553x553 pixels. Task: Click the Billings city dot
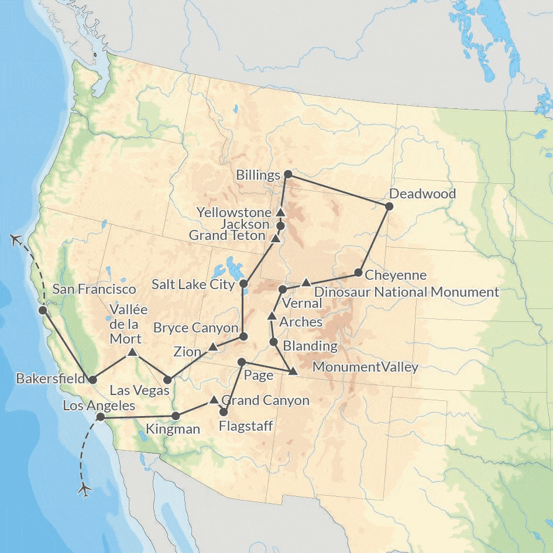click(x=287, y=174)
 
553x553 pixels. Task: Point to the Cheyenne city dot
click(x=358, y=273)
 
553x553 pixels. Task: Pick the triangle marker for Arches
click(x=272, y=316)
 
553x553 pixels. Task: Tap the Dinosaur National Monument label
click(x=407, y=291)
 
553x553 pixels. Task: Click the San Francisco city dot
click(x=42, y=310)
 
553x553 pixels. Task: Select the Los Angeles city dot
click(x=100, y=417)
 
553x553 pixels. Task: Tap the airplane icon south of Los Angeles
click(x=85, y=487)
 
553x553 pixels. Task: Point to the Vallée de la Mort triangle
click(x=132, y=352)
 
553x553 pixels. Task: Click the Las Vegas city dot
click(x=169, y=380)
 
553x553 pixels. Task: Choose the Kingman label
click(x=173, y=430)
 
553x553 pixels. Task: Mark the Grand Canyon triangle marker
click(x=214, y=400)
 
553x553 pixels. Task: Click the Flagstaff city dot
click(x=223, y=412)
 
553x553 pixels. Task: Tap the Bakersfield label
click(x=45, y=379)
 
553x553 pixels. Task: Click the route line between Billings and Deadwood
click(x=338, y=190)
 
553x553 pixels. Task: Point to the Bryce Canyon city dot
click(x=243, y=336)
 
